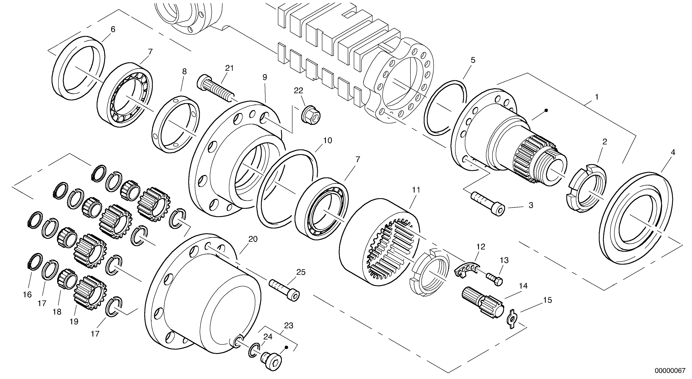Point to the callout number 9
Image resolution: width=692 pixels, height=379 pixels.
coord(265,77)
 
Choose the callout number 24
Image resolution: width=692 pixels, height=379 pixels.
coord(268,337)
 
